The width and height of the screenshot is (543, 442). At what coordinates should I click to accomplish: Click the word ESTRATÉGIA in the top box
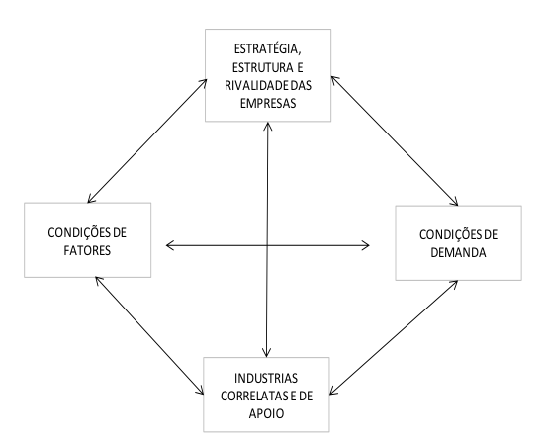tap(267, 49)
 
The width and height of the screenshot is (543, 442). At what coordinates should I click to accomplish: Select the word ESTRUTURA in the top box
tap(263, 67)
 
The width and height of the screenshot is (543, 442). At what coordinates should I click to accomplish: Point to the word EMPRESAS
tap(268, 103)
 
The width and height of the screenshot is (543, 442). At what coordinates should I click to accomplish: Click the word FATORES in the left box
tap(87, 250)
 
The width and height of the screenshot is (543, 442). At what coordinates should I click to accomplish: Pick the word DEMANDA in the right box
tap(458, 253)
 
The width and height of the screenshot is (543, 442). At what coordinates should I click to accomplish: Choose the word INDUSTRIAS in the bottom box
tap(266, 378)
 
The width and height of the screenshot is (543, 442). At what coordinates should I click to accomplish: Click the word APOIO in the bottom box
tap(266, 413)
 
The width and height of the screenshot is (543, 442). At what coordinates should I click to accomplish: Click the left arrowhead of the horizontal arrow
tap(167, 245)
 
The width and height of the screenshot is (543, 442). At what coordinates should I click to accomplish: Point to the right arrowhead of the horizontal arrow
tap(369, 245)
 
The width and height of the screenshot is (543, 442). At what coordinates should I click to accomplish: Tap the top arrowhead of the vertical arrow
tap(268, 123)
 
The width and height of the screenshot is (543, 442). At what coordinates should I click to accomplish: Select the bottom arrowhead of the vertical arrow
tap(266, 356)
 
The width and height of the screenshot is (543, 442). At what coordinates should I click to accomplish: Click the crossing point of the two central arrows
tap(267, 245)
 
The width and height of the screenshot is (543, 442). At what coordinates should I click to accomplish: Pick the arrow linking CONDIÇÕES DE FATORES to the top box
tap(147, 140)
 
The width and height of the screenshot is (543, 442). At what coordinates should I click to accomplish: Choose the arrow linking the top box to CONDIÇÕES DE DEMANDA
tap(395, 140)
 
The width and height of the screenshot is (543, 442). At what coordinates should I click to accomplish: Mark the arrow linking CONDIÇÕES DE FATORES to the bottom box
tap(149, 335)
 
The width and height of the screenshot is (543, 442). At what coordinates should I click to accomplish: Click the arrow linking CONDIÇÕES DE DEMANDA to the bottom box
tap(394, 337)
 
